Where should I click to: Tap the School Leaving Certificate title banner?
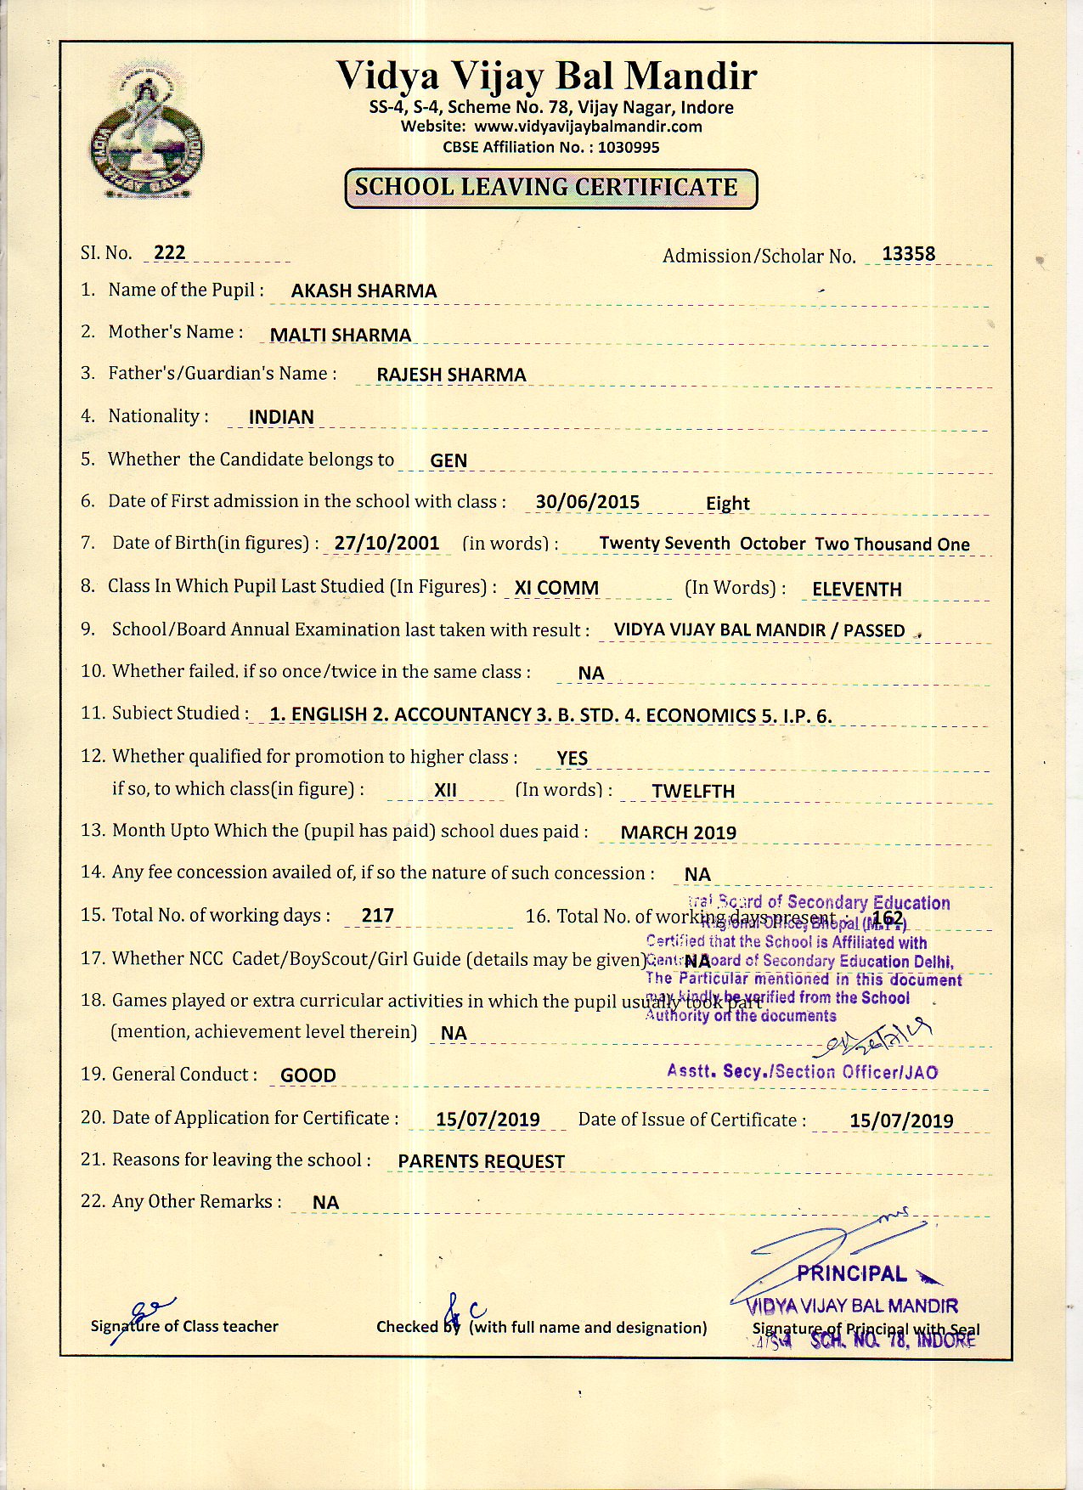550,189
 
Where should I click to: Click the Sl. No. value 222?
170,252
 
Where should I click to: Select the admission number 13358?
908,254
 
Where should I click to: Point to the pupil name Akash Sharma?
364,291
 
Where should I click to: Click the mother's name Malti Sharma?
340,335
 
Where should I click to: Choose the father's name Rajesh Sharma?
451,375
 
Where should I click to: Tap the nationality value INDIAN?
281,417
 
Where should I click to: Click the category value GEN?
448,460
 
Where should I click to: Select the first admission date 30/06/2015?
587,501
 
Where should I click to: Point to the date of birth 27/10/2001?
386,543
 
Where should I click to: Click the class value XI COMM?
556,588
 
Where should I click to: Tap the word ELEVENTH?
856,589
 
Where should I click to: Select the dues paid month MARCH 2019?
678,832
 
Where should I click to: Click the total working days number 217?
377,916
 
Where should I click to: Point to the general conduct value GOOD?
307,1075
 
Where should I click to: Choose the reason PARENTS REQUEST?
481,1161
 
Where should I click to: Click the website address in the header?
588,127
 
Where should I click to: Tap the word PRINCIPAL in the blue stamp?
852,1273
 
